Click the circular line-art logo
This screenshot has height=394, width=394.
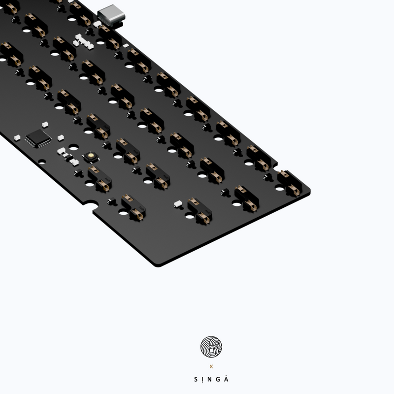tap(211, 347)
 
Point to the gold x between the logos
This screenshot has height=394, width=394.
tap(211, 366)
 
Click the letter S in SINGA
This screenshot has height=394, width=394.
tap(196, 379)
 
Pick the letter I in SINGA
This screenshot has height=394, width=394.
tap(203, 379)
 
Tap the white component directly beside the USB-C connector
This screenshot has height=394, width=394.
tap(97, 23)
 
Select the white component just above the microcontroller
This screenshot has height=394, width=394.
tap(44, 124)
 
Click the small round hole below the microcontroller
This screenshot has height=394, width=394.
tap(42, 161)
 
